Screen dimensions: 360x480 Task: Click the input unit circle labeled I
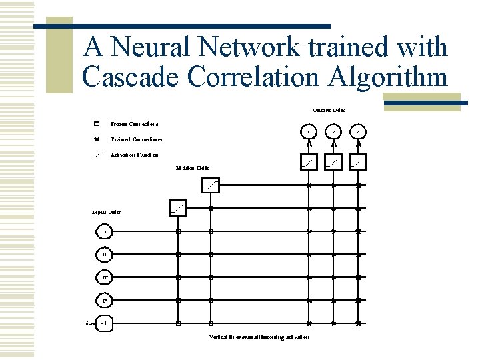pyautogui.click(x=105, y=231)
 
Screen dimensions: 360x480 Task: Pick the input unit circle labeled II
pyautogui.click(x=105, y=255)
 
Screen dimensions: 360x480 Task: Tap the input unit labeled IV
pyautogui.click(x=105, y=301)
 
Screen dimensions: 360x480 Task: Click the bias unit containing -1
pyautogui.click(x=106, y=323)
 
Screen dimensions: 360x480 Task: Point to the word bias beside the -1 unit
pyautogui.click(x=89, y=323)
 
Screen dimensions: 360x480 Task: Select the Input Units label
pyautogui.click(x=106, y=212)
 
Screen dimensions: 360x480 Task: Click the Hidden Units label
pyautogui.click(x=193, y=168)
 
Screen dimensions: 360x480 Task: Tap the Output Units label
pyautogui.click(x=329, y=110)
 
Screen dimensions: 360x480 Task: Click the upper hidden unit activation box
pyautogui.click(x=210, y=185)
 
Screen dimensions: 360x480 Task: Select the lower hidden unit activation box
pyautogui.click(x=178, y=208)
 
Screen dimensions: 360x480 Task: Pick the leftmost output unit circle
pyautogui.click(x=308, y=132)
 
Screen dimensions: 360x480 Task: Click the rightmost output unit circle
pyautogui.click(x=358, y=132)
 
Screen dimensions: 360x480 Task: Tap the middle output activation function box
pyautogui.click(x=333, y=162)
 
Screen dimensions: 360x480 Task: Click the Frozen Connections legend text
pyautogui.click(x=134, y=124)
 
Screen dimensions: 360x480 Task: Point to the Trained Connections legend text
pyautogui.click(x=135, y=139)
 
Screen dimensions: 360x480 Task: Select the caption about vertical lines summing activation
pyautogui.click(x=259, y=337)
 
